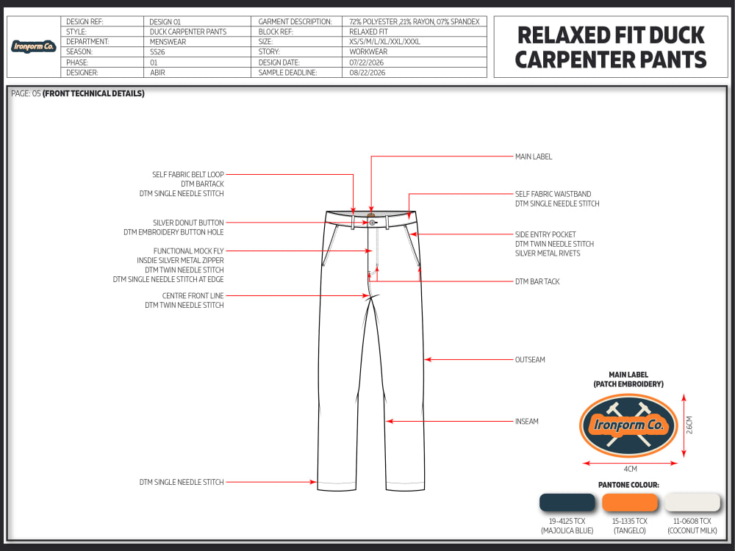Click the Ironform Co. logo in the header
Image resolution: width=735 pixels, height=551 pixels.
coord(34,46)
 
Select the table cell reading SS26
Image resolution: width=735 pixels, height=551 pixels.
coord(157,52)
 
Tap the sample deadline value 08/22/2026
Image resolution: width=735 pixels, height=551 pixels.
coord(367,73)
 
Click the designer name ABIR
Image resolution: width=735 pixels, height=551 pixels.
coord(157,73)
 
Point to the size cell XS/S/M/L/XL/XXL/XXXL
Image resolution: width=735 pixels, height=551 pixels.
coord(384,42)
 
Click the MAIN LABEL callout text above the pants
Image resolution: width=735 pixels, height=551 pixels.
coord(534,156)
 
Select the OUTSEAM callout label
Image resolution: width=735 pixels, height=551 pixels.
coord(530,360)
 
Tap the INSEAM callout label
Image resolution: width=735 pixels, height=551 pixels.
coord(527,421)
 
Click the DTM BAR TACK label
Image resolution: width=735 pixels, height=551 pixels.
coord(537,281)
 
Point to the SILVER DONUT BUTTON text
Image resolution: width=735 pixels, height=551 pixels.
coord(188,223)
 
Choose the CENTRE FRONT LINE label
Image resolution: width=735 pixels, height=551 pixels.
coord(193,295)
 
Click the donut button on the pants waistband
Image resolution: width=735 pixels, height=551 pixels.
coord(372,223)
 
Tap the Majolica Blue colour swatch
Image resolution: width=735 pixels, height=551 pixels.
coord(567,503)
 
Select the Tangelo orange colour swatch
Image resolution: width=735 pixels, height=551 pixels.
coord(630,503)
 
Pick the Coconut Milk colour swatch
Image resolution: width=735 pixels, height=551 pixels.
coord(692,503)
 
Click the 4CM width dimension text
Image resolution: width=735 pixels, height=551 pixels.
coord(630,469)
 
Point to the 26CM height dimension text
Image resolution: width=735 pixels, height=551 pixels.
coord(689,425)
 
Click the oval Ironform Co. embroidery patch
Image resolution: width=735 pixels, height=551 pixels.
coord(628,425)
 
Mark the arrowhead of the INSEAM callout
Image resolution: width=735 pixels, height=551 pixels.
coord(389,421)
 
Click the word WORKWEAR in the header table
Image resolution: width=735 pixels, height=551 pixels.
coord(368,52)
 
